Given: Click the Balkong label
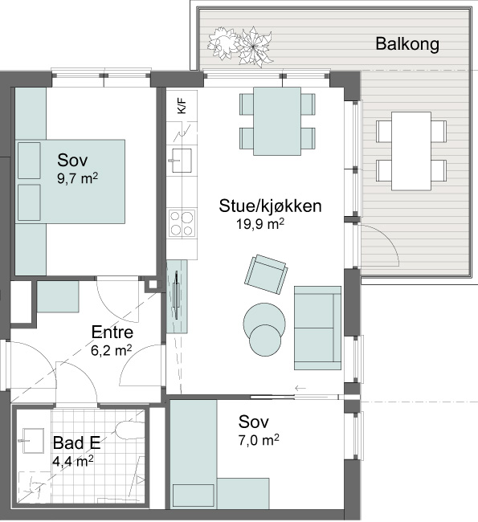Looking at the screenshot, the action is coord(407,44).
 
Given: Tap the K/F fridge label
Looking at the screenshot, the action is coord(182,106).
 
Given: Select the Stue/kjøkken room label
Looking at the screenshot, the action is coord(270,206).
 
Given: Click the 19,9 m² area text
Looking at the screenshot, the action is coord(260,224).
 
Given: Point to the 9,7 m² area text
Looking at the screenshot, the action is coord(77,178).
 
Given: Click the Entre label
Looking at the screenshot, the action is coord(112,332).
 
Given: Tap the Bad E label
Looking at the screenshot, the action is coord(76,442).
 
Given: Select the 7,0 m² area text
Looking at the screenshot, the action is coord(259,440).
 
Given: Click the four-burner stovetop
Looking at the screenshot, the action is coord(182,223).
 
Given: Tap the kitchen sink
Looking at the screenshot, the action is coord(182,161).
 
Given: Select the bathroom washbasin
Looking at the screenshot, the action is coord(33,440).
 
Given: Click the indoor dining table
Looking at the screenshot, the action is coord(277,121).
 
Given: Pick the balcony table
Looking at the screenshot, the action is coord(411,151).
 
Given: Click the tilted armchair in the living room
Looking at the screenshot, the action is coord(266,275).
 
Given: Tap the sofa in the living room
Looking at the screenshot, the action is coord(318,328).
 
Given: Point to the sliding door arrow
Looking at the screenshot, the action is coord(300,388).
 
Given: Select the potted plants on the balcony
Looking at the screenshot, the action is coord(240,46).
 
